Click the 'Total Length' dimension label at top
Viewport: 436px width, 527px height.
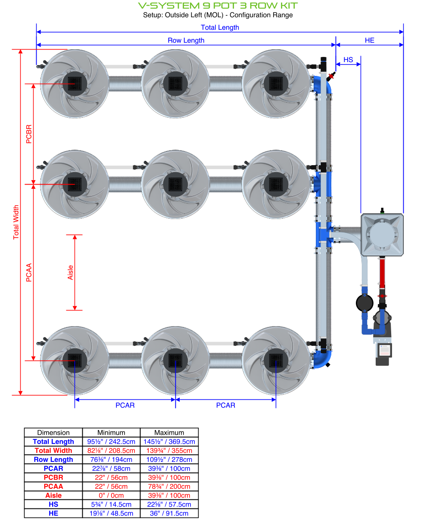pyautogui.click(x=220, y=28)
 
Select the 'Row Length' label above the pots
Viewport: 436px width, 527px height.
pyautogui.click(x=186, y=41)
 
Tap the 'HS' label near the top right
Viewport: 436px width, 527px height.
pyautogui.click(x=348, y=60)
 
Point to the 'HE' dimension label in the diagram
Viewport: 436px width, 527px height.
pyautogui.click(x=369, y=41)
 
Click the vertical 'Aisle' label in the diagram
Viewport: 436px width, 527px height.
pyautogui.click(x=71, y=273)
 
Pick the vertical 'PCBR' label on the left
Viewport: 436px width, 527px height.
pyautogui.click(x=29, y=134)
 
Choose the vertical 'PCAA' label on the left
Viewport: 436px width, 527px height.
pyautogui.click(x=29, y=273)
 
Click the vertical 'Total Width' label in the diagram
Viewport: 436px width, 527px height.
pyautogui.click(x=16, y=222)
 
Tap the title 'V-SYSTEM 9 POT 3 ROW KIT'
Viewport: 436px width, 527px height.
pyautogui.click(x=218, y=6)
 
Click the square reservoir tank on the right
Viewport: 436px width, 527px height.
pyautogui.click(x=382, y=235)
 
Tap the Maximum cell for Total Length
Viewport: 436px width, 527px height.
pyautogui.click(x=169, y=442)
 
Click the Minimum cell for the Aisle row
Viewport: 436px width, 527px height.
pyautogui.click(x=111, y=496)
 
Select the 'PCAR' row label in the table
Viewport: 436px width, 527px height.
pyautogui.click(x=53, y=468)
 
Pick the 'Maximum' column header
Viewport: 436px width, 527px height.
pyautogui.click(x=169, y=433)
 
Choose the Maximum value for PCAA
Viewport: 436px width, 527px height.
pyautogui.click(x=169, y=486)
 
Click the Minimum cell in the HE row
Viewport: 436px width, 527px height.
pyautogui.click(x=111, y=513)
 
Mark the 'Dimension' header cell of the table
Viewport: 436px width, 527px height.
pyautogui.click(x=53, y=433)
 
